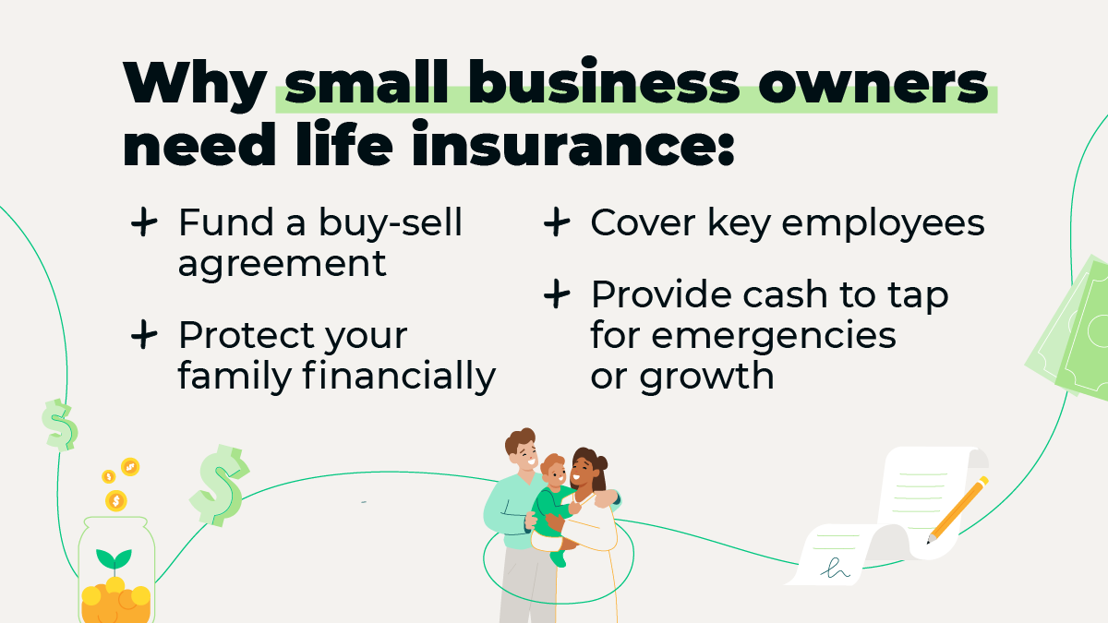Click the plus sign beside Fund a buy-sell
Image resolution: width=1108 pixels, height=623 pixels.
144,223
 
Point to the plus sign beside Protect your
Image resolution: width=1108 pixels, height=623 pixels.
144,336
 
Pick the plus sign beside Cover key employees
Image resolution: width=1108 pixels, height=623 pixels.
556,223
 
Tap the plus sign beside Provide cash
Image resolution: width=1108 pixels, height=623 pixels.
556,295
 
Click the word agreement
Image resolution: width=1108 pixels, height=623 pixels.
282,265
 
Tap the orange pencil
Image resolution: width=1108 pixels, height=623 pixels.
958,509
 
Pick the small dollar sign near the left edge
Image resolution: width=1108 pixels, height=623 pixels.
59,425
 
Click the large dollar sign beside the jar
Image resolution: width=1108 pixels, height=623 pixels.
220,484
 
